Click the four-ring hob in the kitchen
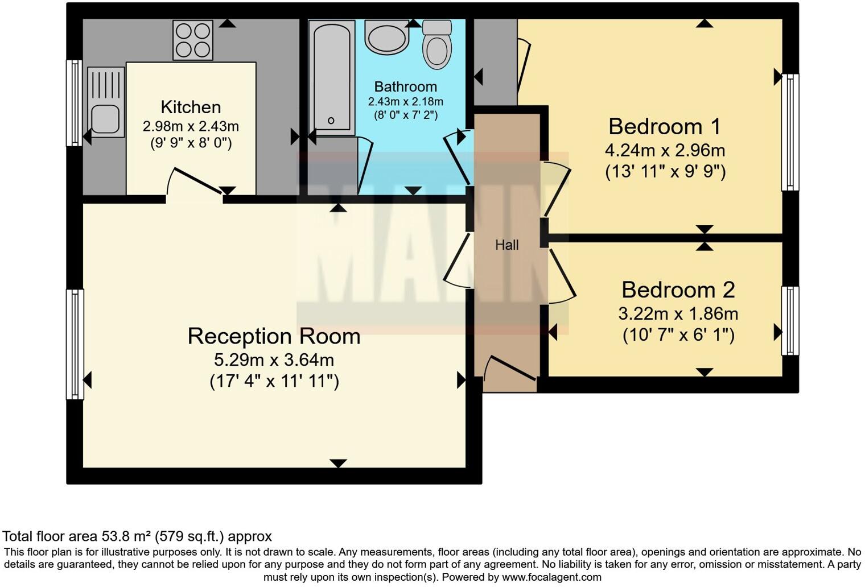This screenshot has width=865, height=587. click(x=193, y=40)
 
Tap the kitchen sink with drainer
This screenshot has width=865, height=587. click(x=106, y=102)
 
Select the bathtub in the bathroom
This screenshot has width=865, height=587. click(x=332, y=77)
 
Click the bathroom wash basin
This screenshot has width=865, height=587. click(x=387, y=38)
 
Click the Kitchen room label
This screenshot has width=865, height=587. click(x=191, y=107)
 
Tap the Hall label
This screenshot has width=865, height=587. click(x=506, y=245)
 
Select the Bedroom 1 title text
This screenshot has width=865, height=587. click(x=665, y=126)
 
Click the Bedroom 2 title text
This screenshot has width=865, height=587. click(x=678, y=290)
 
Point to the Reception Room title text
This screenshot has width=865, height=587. click(x=274, y=336)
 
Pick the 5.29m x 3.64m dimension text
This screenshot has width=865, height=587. click(x=274, y=360)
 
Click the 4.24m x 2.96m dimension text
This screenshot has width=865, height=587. click(x=665, y=151)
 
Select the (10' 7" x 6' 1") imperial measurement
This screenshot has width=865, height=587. click(x=678, y=335)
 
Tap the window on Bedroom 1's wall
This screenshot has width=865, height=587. click(x=790, y=132)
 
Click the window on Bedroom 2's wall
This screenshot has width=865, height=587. click(x=790, y=321)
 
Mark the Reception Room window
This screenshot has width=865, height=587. click(x=75, y=344)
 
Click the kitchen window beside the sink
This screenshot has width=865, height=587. click(x=75, y=103)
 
